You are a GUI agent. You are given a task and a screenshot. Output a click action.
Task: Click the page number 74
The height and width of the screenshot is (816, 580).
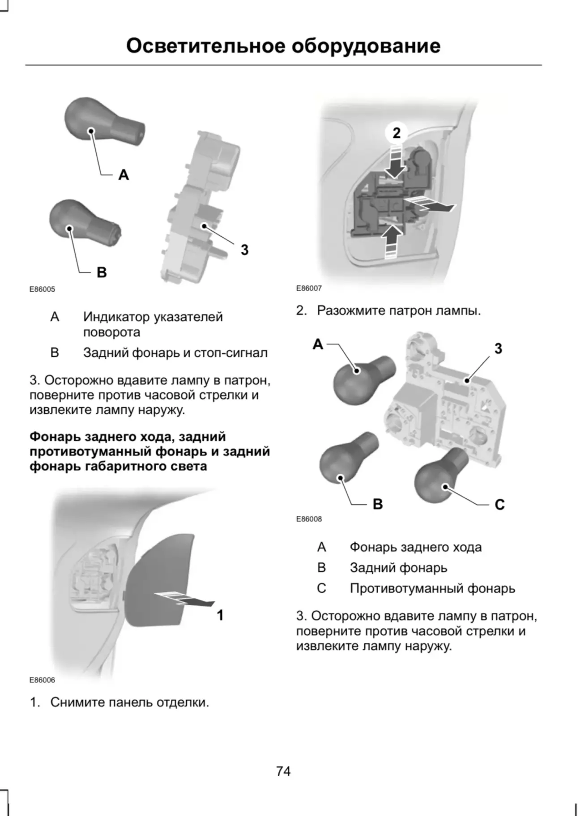[x=283, y=771]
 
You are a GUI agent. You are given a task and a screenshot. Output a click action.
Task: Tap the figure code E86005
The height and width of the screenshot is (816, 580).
[x=42, y=289]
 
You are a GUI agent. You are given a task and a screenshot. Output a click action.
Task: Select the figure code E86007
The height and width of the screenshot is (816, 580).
[x=309, y=288]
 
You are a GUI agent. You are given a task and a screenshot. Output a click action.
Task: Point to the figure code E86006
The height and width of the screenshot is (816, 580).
[x=42, y=680]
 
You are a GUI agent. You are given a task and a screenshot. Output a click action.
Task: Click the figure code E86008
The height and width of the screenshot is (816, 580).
[x=309, y=519]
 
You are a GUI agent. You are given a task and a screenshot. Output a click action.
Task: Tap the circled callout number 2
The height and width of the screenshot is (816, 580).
[x=397, y=133]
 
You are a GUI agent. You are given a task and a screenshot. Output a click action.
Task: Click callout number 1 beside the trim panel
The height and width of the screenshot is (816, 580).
[x=220, y=615]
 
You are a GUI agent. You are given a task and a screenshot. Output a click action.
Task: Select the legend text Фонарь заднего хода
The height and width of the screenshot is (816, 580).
[x=415, y=547]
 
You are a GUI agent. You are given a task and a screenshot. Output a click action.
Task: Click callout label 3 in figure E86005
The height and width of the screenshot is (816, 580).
[x=244, y=250]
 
